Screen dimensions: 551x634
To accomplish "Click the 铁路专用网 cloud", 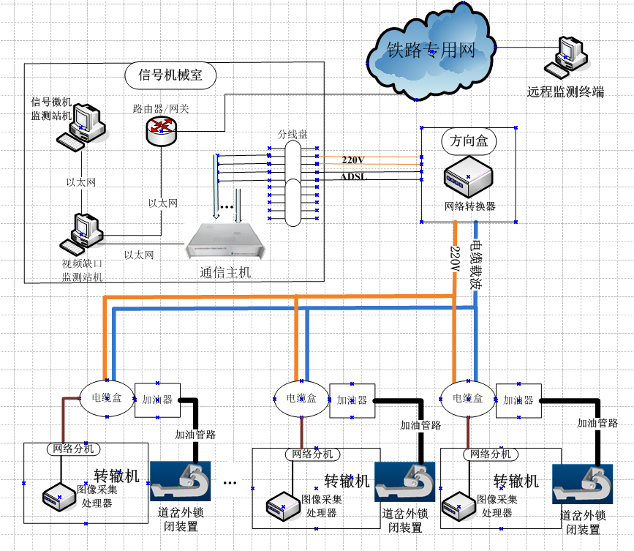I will point(431,50).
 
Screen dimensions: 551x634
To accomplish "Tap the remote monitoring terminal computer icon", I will point(567,59).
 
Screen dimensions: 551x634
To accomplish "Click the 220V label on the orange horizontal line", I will point(353,159).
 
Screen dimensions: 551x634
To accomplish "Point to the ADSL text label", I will point(353,177).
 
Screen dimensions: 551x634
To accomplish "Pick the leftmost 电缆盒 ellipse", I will point(107,399).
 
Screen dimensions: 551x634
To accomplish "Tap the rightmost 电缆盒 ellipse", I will point(467,398).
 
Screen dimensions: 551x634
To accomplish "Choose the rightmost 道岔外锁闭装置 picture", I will point(582,484).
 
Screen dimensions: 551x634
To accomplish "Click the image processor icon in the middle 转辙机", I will point(281,504).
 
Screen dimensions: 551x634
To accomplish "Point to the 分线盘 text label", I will point(293,135).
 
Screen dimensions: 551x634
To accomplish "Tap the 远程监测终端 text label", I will point(565,92).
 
